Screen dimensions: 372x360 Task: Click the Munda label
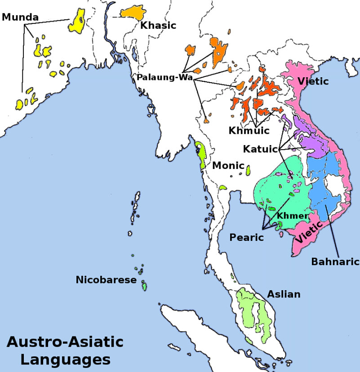coord(20,18)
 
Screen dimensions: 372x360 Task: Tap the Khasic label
coord(158,26)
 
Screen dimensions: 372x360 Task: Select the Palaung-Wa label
coord(165,77)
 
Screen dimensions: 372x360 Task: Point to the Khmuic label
coord(249,131)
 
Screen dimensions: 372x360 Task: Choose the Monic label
coord(228,165)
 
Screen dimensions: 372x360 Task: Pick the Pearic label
coord(246,237)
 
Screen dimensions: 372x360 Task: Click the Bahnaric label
coord(335,261)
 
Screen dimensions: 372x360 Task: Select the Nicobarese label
coord(106,280)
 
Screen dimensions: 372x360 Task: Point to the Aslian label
coord(284,294)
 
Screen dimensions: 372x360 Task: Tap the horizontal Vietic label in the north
coord(313,81)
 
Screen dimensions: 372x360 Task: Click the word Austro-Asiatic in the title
coord(65,342)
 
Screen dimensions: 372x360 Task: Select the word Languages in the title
coord(65,359)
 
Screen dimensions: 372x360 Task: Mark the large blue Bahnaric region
coord(326,180)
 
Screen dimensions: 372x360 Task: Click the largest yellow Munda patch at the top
coord(78,21)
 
